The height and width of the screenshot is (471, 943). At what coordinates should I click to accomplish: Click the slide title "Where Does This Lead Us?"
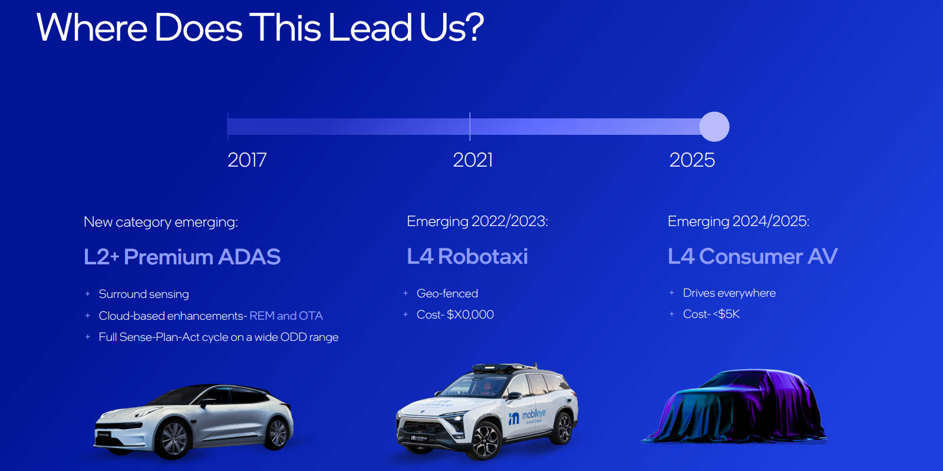(x=260, y=28)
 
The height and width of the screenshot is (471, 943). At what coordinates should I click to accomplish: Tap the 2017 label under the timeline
(x=247, y=160)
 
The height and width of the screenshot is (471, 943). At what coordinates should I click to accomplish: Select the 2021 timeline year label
(x=473, y=160)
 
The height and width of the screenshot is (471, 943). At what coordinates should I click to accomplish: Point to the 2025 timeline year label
(x=692, y=160)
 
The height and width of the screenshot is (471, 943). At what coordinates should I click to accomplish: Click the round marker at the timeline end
(x=714, y=127)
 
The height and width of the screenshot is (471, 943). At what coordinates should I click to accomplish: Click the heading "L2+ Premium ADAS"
(x=182, y=257)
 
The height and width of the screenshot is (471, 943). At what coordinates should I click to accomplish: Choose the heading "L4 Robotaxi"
(x=467, y=257)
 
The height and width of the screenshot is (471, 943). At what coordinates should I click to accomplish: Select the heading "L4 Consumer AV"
(x=753, y=257)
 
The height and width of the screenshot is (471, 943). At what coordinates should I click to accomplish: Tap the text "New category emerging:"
(x=161, y=222)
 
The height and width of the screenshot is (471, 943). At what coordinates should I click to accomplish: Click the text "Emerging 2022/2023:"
(x=477, y=221)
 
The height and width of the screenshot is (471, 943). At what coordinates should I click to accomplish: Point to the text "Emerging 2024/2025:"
(x=738, y=221)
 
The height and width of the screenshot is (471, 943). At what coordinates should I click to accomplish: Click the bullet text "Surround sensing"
(x=144, y=294)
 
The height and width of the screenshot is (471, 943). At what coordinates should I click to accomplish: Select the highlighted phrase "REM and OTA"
(x=286, y=316)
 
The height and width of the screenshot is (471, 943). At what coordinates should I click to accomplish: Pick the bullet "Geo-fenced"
(x=447, y=293)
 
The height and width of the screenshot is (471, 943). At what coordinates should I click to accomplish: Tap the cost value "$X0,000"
(x=470, y=314)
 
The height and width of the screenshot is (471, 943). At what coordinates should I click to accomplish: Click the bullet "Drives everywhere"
(x=729, y=293)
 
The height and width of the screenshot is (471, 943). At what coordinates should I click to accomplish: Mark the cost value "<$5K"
(x=726, y=314)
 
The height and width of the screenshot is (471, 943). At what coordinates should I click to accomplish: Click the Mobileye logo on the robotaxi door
(x=528, y=416)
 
